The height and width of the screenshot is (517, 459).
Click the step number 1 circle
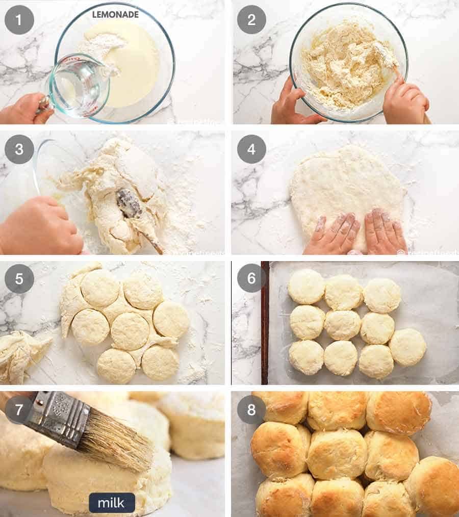[x=19, y=20]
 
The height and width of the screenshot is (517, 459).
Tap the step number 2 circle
[x=251, y=20]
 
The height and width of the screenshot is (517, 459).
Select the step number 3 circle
[x=19, y=149]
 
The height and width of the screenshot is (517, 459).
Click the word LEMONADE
[x=115, y=15]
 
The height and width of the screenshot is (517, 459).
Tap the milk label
[x=112, y=503]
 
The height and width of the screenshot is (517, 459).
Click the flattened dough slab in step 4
[x=347, y=189]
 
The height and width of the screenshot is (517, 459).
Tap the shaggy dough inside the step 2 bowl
[x=347, y=64]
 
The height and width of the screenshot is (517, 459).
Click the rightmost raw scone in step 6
[x=408, y=347]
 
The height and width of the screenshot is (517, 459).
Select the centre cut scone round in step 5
[x=130, y=331]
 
